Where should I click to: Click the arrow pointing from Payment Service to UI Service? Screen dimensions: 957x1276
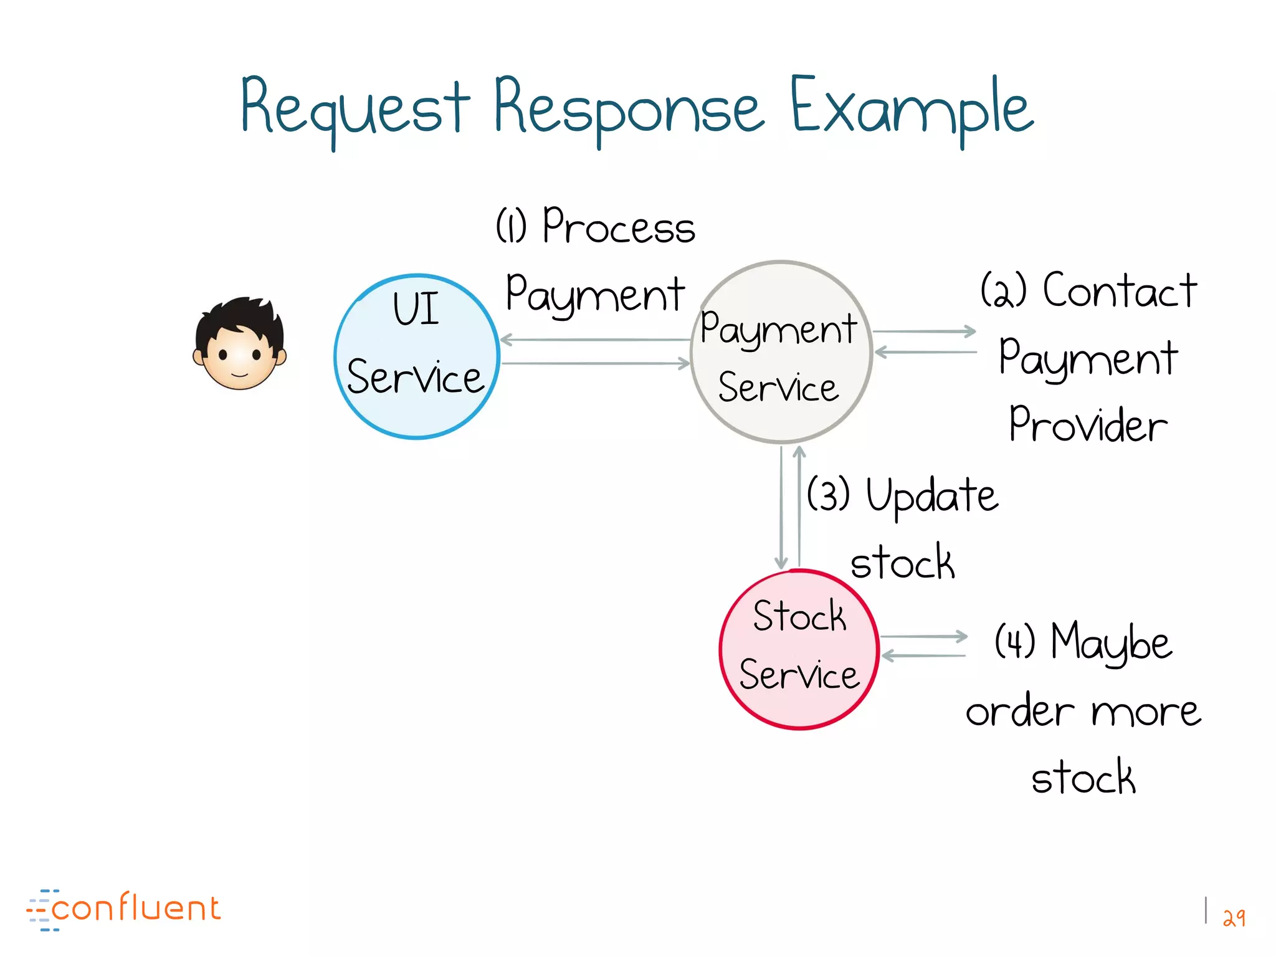[x=595, y=340]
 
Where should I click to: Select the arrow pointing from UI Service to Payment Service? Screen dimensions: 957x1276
[x=595, y=363]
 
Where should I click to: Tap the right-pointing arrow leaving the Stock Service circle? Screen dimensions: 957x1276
[x=924, y=637]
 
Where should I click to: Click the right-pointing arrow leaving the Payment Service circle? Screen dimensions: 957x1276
[x=924, y=331]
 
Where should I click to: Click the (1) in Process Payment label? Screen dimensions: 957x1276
[x=511, y=226]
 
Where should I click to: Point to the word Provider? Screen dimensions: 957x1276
[x=1088, y=425]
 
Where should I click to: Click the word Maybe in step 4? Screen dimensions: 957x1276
[x=1112, y=643]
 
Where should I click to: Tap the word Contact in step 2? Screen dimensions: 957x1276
[x=1120, y=291]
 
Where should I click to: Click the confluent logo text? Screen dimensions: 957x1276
[x=136, y=908]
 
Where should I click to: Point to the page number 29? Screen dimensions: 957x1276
[x=1234, y=917]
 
